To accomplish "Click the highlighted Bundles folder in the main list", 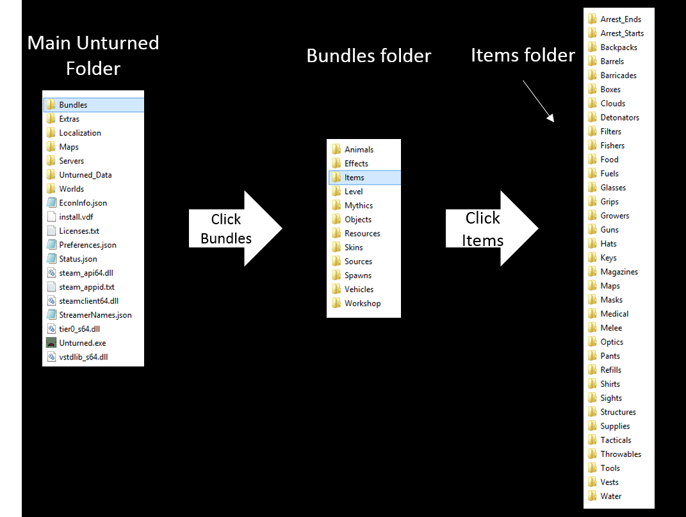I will tap(73, 105).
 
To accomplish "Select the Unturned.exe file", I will tap(82, 343).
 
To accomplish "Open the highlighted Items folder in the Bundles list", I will tap(354, 177).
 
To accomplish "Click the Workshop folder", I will tap(362, 304).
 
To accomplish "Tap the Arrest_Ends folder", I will tap(621, 19).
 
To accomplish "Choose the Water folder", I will tap(610, 496).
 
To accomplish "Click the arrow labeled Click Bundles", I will tap(235, 228).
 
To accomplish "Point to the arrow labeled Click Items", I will tap(491, 228).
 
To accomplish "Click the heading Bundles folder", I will tap(369, 56).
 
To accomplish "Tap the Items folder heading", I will tap(523, 56).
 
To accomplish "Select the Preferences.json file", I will tap(87, 245).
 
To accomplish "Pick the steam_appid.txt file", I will tap(86, 288).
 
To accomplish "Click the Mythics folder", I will tap(358, 206).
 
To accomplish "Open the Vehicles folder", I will tap(359, 290).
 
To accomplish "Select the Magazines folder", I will tap(619, 272).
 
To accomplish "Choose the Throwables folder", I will tap(620, 454).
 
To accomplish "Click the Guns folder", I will tap(609, 230).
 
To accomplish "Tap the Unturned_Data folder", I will tap(85, 175).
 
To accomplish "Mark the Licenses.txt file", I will tap(79, 231).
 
